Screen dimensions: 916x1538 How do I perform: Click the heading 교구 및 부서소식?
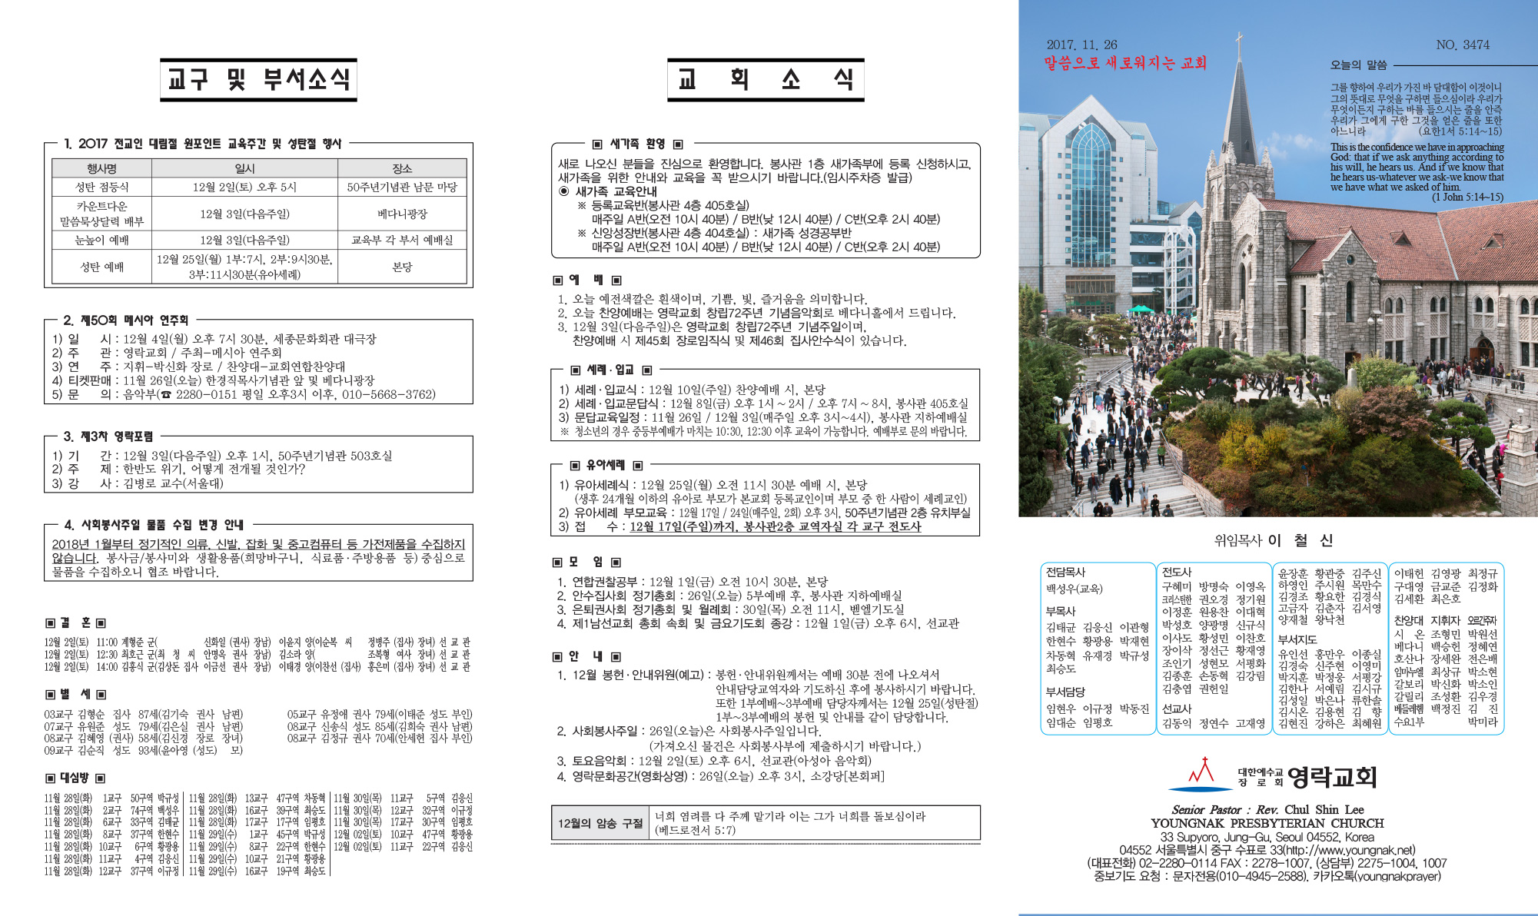(258, 79)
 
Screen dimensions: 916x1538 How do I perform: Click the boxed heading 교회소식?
(766, 79)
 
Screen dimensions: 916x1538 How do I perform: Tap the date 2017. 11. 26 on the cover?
(1081, 45)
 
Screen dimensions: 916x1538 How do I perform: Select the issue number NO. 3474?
(1462, 45)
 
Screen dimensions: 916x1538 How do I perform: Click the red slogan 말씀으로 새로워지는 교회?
(1124, 63)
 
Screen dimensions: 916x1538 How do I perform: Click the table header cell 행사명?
(101, 168)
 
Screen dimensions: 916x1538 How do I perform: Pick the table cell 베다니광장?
(402, 214)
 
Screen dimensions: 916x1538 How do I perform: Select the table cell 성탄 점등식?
(101, 187)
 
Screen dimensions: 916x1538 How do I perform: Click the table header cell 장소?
(402, 168)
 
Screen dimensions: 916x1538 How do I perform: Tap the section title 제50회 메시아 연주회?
(135, 320)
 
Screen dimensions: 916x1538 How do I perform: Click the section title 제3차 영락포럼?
(117, 436)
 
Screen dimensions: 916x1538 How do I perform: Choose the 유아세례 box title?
(606, 465)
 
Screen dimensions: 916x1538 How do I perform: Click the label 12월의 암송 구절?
(600, 823)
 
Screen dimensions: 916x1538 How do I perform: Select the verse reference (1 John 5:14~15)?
(1467, 197)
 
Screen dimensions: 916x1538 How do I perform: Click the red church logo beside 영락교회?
(1201, 774)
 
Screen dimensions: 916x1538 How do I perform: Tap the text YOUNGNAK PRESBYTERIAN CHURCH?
(1267, 823)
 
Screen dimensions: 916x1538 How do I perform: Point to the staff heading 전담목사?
(1065, 572)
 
